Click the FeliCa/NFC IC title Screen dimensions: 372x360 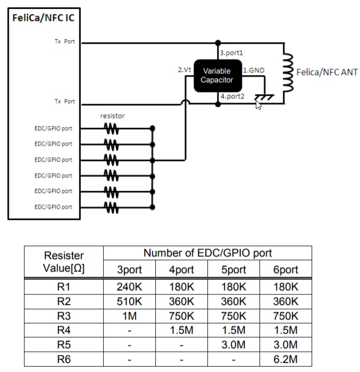[43, 18]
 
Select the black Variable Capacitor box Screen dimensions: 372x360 [217, 76]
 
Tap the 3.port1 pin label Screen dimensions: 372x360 [231, 53]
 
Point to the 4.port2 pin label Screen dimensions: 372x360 [231, 96]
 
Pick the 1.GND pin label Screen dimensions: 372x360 [254, 69]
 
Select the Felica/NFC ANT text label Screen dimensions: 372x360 [327, 72]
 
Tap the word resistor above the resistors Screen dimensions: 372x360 [113, 116]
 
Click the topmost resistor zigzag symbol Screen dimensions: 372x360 [111, 127]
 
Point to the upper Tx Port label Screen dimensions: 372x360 [65, 42]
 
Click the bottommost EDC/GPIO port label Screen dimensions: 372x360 [53, 207]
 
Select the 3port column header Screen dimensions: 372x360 [129, 270]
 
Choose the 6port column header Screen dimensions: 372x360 [285, 270]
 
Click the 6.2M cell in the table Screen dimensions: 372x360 [285, 359]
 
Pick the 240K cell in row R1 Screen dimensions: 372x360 [129, 287]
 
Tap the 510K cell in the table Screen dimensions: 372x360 [129, 301]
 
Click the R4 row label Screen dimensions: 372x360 [64, 330]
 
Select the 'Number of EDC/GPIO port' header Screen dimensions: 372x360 [207, 254]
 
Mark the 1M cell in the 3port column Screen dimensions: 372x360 [129, 316]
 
